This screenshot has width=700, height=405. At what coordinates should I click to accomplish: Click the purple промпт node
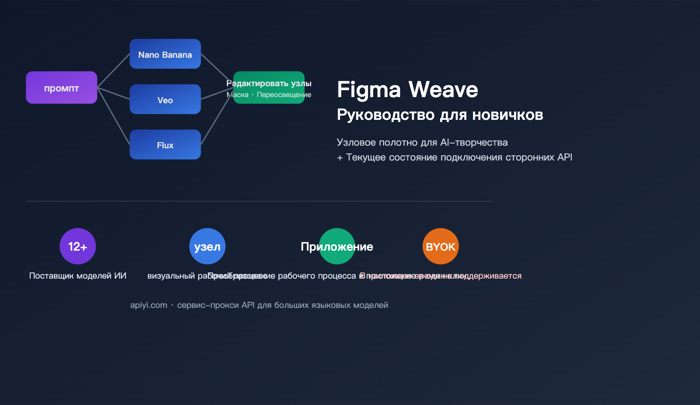coord(61,87)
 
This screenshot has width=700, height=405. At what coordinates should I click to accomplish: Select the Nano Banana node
coord(165,54)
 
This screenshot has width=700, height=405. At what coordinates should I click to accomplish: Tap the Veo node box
coord(165,99)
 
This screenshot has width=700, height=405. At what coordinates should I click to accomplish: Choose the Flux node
coord(165,144)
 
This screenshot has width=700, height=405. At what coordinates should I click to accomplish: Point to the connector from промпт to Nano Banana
coord(113,71)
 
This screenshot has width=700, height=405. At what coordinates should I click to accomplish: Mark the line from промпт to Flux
coord(113,116)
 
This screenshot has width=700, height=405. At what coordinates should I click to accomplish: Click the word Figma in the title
coord(369,90)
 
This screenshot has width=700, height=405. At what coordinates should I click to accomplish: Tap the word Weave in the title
coord(443,90)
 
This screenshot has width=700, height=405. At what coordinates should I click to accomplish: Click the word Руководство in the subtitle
coord(385,115)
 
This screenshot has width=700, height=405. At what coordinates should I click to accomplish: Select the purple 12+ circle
coord(77,246)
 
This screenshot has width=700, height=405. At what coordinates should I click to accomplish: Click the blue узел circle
coord(207,246)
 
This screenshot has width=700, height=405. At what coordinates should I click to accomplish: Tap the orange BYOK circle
coord(441,246)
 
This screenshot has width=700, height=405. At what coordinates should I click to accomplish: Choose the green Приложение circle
coord(337,246)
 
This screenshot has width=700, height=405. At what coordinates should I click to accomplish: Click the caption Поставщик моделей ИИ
coord(77,276)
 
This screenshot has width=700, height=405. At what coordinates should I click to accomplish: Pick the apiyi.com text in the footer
coord(148,305)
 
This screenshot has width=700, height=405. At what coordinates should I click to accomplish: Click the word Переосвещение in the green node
coord(284,95)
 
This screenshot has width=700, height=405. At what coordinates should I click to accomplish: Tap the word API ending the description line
coord(564,157)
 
